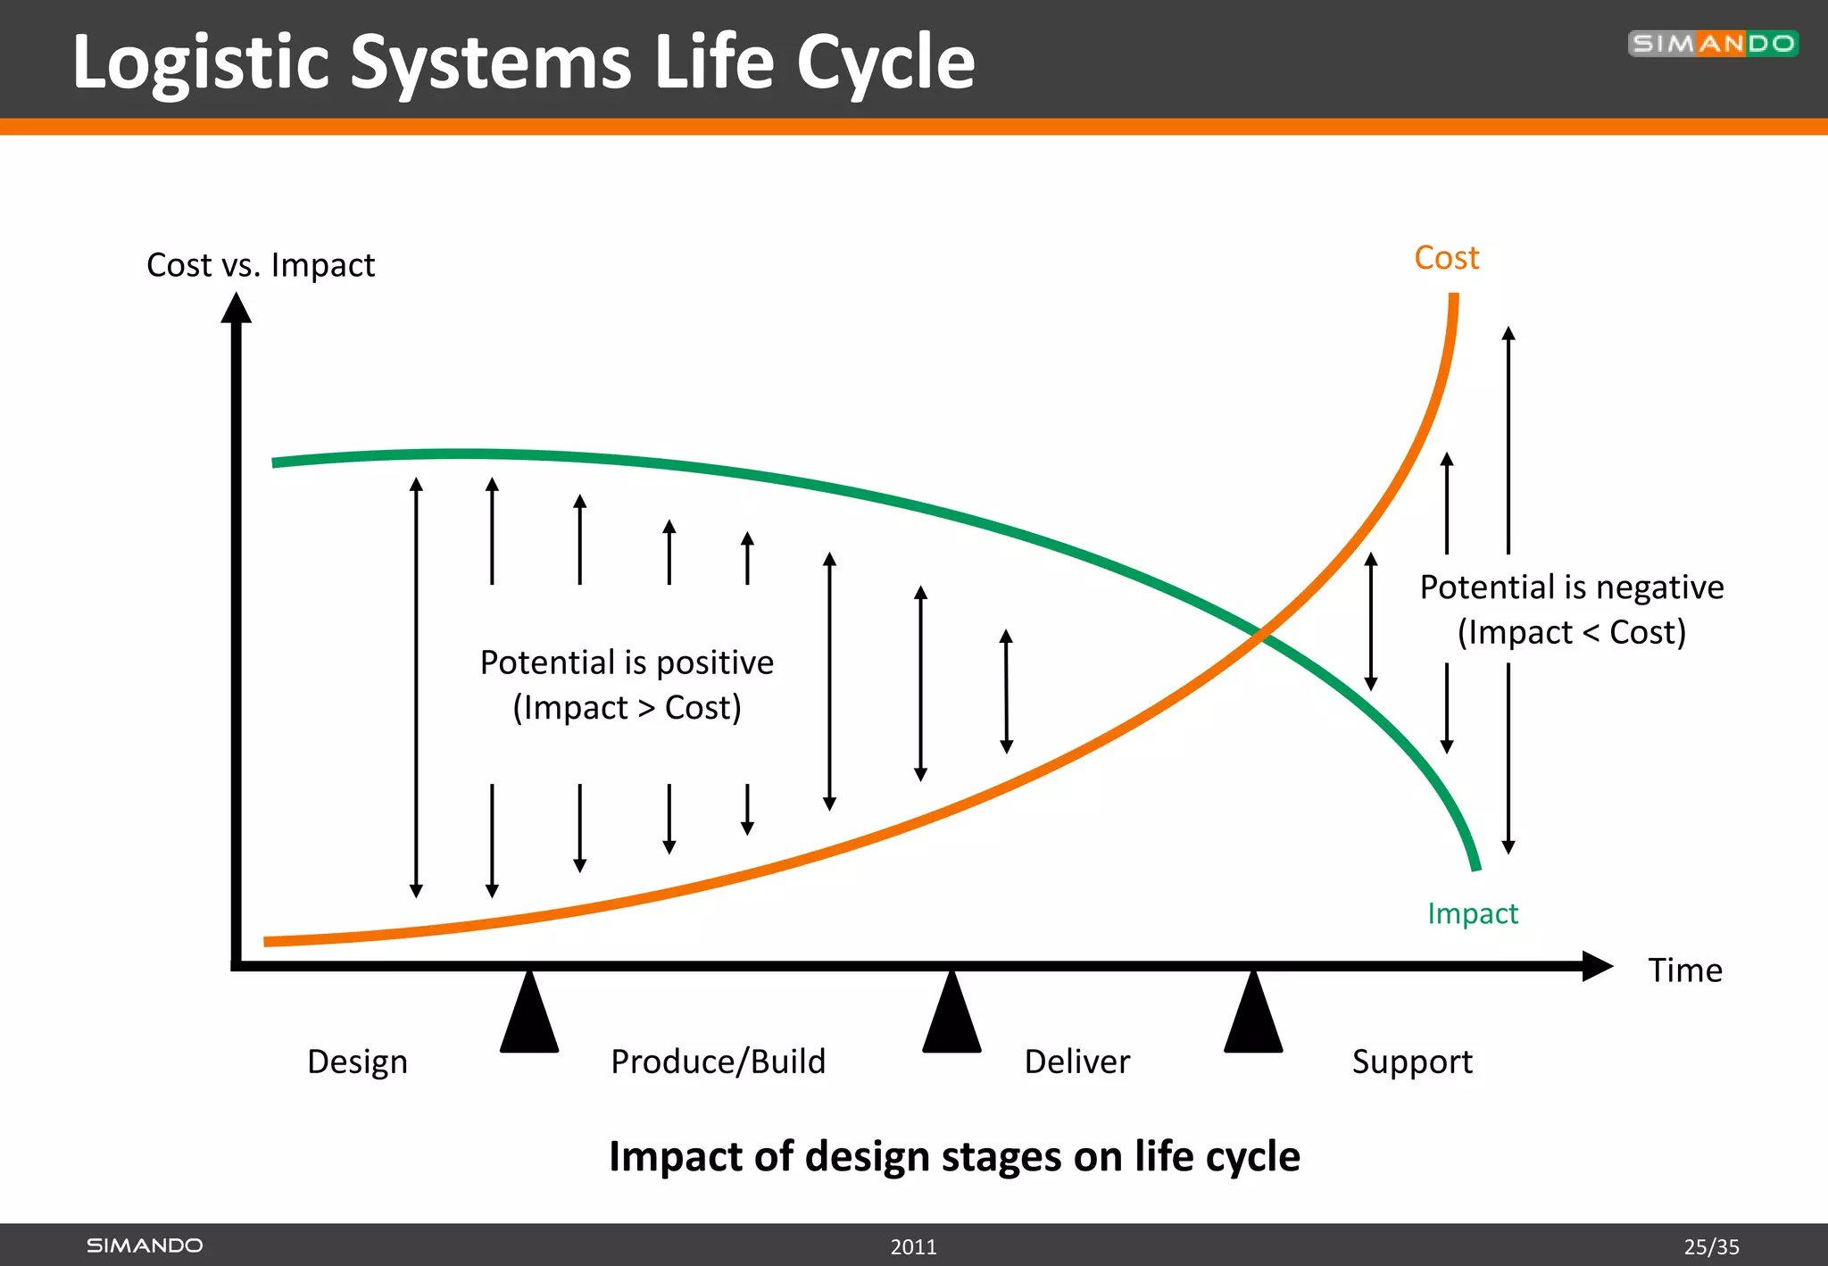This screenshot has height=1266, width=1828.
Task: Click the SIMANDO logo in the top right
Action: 1712,44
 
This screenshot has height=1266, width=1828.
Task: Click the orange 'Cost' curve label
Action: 1446,258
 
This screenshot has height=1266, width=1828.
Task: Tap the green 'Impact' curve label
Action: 1472,913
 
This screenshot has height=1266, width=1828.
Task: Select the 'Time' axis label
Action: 1684,970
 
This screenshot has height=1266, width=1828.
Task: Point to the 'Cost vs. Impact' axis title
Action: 260,265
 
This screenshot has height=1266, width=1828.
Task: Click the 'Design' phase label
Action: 357,1062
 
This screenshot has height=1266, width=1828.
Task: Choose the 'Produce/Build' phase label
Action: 718,1062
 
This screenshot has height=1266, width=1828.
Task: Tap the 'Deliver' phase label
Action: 1076,1062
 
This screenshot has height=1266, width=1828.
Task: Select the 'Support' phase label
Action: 1411,1062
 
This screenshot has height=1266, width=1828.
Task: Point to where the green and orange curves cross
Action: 1260,635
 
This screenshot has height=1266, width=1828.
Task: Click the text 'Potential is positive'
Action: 627,662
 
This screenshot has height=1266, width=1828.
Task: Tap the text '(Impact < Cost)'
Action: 1571,632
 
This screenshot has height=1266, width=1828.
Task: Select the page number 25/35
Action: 1711,1246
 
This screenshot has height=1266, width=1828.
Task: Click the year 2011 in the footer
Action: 913,1246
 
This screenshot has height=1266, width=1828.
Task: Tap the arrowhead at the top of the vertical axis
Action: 237,309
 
